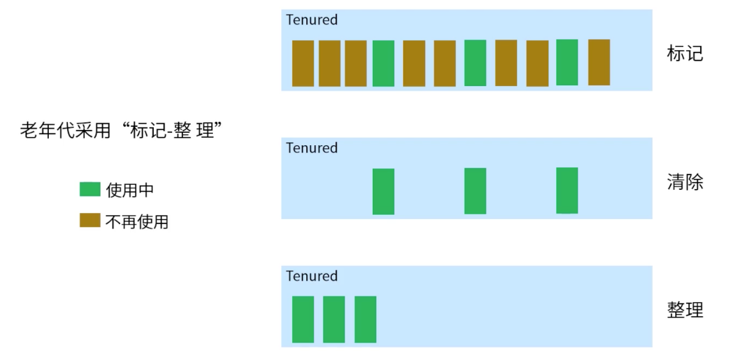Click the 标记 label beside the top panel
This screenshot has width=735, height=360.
(x=685, y=53)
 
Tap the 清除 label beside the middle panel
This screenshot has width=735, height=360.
(x=685, y=182)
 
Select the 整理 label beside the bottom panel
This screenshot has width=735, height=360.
(x=685, y=310)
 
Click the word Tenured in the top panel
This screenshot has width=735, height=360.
(x=312, y=20)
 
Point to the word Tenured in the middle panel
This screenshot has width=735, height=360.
(x=312, y=148)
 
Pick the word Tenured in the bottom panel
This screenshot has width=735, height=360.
(x=312, y=276)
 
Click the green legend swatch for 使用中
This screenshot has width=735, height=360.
(x=90, y=189)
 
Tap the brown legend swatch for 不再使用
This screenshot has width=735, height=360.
(x=90, y=220)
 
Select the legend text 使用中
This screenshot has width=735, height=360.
(x=129, y=190)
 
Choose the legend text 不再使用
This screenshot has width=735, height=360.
(x=137, y=221)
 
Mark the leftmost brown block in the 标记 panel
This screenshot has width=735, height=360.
(x=303, y=63)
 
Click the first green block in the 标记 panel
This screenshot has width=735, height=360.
(x=383, y=63)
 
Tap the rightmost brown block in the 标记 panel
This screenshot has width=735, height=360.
(x=599, y=62)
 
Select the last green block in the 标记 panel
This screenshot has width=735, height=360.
(x=567, y=62)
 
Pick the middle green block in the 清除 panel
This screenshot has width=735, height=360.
(x=475, y=191)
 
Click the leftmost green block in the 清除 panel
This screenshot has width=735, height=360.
(x=383, y=192)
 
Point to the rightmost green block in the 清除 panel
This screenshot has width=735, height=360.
(x=567, y=190)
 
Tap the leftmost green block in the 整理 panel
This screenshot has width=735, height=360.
(x=303, y=319)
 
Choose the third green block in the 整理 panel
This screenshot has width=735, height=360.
(x=365, y=319)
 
